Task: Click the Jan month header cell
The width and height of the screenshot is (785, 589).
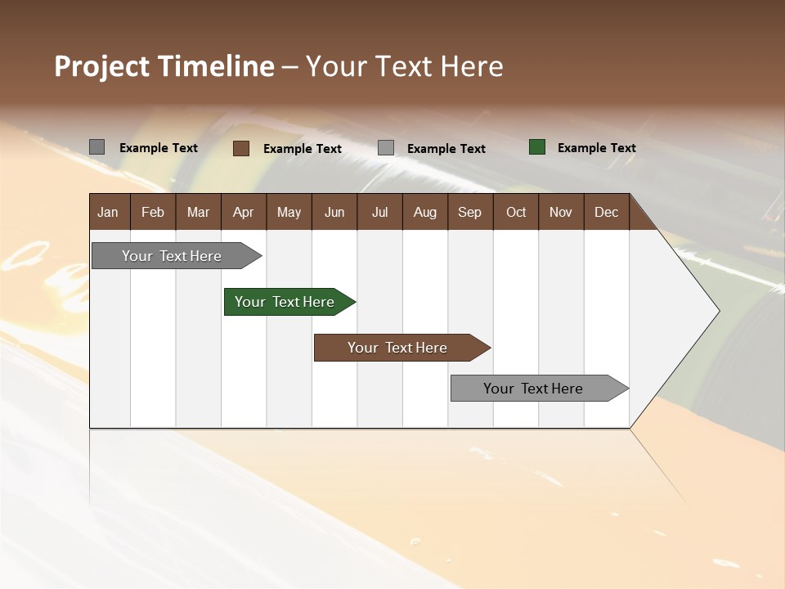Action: (109, 212)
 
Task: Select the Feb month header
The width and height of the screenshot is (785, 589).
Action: (153, 212)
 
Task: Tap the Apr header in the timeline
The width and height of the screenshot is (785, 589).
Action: (243, 212)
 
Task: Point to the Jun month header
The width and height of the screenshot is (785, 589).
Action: (334, 212)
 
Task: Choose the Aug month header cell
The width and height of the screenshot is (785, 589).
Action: (425, 212)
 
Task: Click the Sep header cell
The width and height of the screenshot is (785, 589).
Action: (470, 212)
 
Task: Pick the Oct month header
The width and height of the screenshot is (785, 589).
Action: (516, 212)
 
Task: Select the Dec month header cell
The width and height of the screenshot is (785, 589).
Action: (607, 212)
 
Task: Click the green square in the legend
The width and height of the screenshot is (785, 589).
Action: (537, 147)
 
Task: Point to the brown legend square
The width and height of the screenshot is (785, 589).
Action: (241, 148)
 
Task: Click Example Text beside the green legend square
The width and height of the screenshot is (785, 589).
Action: (596, 148)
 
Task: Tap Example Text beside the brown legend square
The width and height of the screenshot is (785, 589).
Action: (302, 149)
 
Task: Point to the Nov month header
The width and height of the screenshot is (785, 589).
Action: (561, 212)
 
